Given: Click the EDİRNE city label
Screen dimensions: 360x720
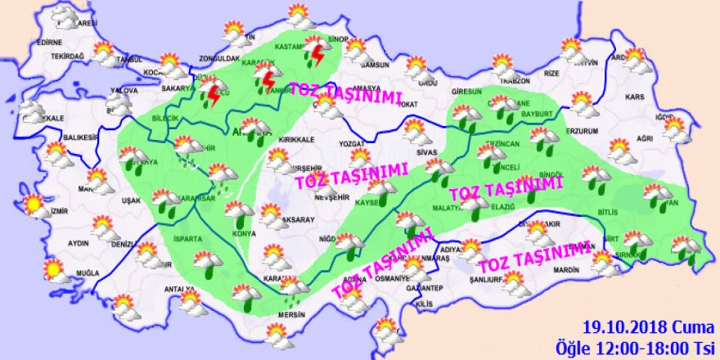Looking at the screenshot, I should point(49,42).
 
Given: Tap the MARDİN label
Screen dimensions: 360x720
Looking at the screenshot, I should point(566,268).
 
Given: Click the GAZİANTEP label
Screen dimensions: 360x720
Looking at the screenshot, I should point(425,287).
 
